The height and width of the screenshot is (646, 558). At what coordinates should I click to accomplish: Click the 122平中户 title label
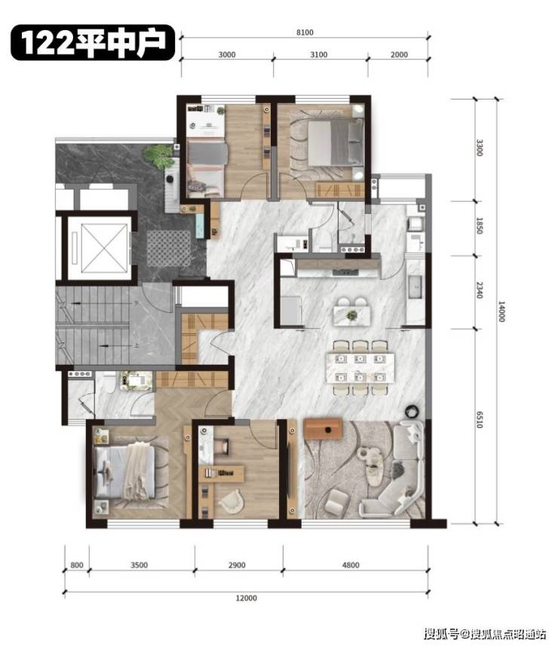(x=93, y=42)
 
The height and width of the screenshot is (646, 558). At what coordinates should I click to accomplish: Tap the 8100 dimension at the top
(x=305, y=32)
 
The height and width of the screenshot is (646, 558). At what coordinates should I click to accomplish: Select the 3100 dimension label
(x=318, y=54)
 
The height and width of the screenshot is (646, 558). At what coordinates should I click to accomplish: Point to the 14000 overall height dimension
(x=501, y=311)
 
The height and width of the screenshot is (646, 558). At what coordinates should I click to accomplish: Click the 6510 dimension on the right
(x=480, y=419)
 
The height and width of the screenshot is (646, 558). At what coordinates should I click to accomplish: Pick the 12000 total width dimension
(x=246, y=598)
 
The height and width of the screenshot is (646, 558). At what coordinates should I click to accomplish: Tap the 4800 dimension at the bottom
(x=351, y=565)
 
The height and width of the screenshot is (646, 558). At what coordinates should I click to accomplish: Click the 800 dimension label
(x=77, y=565)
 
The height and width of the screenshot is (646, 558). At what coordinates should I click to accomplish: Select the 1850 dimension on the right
(x=480, y=226)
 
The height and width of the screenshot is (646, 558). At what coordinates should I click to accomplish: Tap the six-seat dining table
(x=360, y=368)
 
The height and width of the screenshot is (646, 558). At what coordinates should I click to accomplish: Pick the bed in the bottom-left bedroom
(x=124, y=473)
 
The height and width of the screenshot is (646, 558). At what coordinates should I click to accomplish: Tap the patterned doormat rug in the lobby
(x=169, y=249)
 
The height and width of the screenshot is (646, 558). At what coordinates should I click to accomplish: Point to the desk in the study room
(x=221, y=473)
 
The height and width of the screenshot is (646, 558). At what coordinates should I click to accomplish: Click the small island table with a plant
(x=351, y=316)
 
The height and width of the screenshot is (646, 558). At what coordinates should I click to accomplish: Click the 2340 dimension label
(x=480, y=290)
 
